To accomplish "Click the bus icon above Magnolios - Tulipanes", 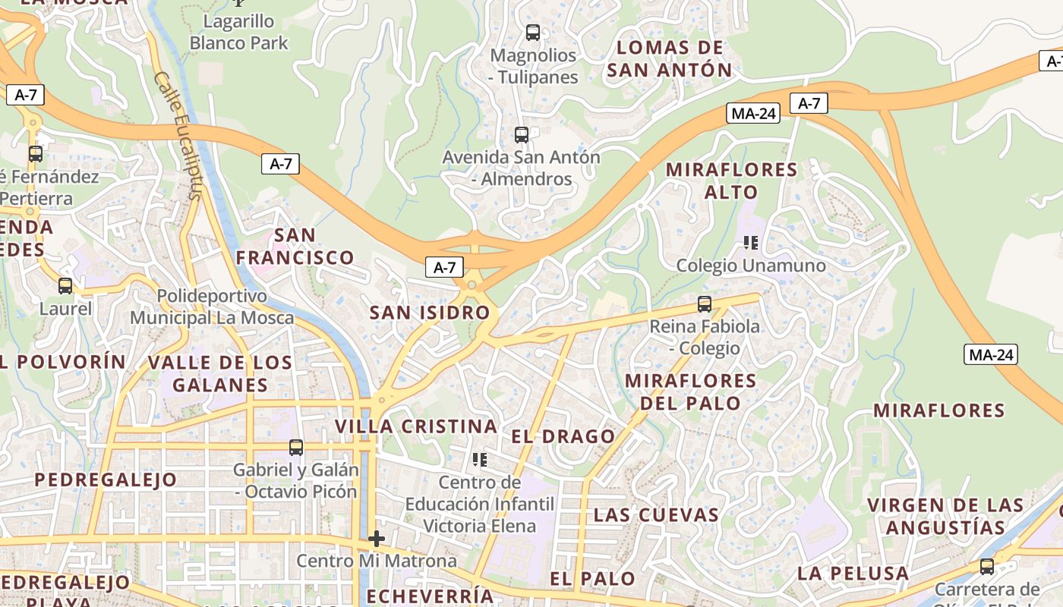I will pos(533,33).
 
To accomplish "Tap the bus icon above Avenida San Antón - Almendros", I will pos(521,135).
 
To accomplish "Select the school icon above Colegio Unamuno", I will pos(751,243).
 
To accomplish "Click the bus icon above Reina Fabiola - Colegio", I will pos(705,304).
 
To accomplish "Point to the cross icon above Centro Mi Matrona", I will pos(377,539).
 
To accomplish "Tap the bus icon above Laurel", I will pos(65,286).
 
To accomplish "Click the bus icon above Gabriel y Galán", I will pos(296,448).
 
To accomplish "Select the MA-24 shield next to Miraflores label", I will pos(991,354).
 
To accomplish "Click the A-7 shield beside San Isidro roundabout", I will pos(445,267).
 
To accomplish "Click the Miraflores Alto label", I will pos(731,181).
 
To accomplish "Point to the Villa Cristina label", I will pos(416,426).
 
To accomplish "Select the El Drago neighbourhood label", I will pos(563,436).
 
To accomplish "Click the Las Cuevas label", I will pos(656,514).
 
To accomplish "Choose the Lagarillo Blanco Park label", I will pos(239,32).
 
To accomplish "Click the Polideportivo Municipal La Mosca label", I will pos(212,307).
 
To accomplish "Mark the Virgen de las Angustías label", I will pos(945,516).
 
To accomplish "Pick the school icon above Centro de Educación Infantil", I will pos(479,459).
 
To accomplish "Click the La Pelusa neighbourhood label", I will pos(853,573).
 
